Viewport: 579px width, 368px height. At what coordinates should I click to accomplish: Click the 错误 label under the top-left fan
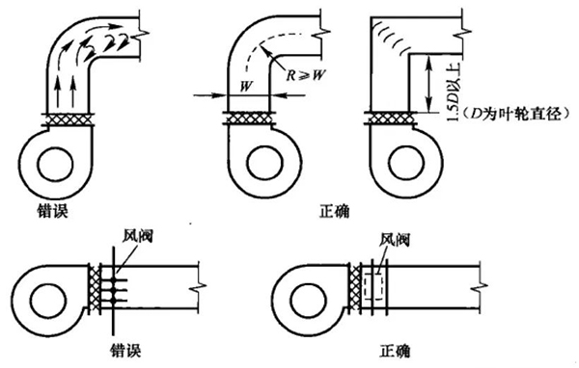click(x=53, y=210)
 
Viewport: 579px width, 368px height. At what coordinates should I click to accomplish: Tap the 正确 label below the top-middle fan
click(x=335, y=211)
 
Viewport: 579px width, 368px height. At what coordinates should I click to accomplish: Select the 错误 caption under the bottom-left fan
click(x=125, y=351)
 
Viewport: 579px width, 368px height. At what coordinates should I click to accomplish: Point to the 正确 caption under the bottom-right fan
click(x=395, y=351)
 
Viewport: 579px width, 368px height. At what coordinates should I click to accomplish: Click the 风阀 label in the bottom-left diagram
click(x=138, y=236)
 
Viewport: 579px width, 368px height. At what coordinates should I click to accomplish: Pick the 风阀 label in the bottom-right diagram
click(x=395, y=240)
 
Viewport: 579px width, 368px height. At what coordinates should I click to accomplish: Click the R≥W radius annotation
click(x=306, y=75)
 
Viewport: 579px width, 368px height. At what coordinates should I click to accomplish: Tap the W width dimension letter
click(x=246, y=87)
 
